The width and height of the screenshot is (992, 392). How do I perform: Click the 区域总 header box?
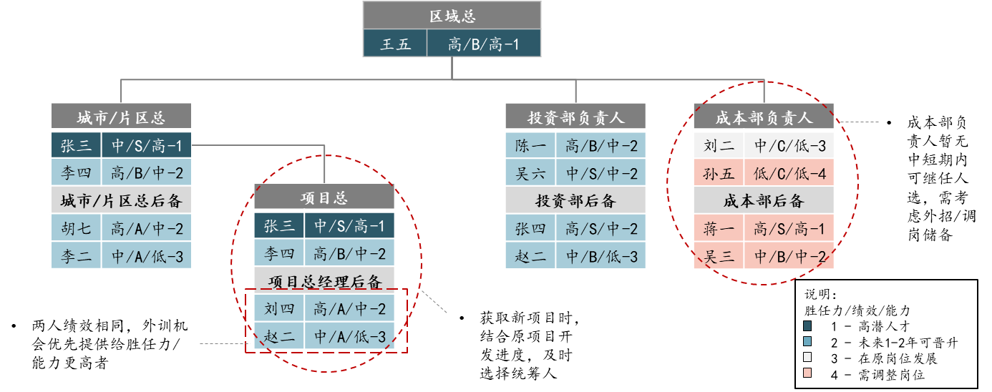(x=452, y=16)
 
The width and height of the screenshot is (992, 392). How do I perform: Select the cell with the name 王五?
(x=395, y=44)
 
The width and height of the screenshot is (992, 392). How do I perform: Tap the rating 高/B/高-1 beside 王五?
(x=484, y=44)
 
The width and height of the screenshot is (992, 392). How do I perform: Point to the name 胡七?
(x=76, y=228)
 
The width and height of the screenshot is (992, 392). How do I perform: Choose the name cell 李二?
(x=76, y=255)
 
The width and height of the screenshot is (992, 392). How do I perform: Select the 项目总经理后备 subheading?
(x=324, y=282)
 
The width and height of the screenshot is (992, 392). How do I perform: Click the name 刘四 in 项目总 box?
(x=279, y=308)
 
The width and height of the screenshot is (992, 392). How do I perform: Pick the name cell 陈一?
(x=530, y=146)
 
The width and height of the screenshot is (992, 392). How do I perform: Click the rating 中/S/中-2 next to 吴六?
(x=601, y=173)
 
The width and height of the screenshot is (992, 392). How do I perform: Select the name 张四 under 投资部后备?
(x=530, y=228)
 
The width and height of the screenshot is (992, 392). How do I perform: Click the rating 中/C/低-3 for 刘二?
(x=789, y=146)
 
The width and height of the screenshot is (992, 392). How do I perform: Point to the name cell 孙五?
(x=719, y=173)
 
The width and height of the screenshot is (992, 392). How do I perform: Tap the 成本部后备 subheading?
(x=764, y=201)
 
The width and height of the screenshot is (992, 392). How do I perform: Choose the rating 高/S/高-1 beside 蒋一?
(x=789, y=228)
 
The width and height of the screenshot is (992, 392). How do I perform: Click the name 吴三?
(x=719, y=256)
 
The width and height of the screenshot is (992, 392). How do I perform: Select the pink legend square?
(x=807, y=373)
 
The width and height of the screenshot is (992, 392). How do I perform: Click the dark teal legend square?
(x=807, y=325)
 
